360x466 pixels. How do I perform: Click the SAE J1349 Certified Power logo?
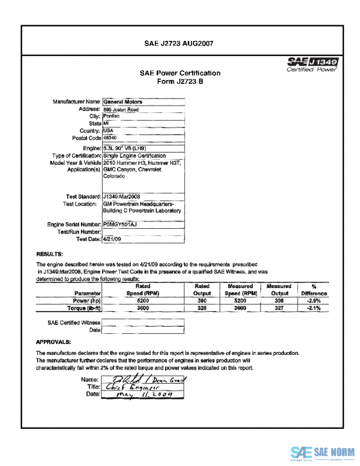(312, 64)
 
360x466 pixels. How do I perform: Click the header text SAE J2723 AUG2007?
(179, 43)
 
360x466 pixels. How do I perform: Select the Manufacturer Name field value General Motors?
(123, 102)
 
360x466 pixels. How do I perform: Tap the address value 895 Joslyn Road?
(121, 110)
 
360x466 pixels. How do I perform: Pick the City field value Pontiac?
(112, 116)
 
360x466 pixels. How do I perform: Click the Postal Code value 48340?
(112, 138)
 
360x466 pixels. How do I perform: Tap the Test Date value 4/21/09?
(113, 239)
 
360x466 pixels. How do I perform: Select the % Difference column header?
(314, 291)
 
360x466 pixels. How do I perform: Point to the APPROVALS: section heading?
(54, 342)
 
